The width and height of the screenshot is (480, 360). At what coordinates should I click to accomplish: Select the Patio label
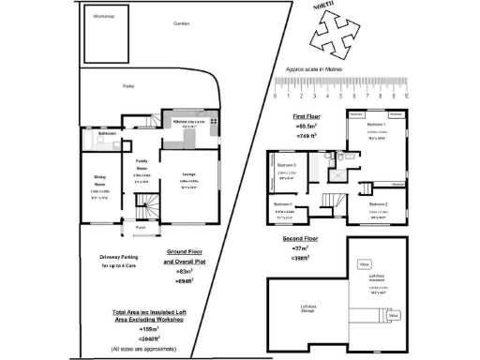[x=128, y=84]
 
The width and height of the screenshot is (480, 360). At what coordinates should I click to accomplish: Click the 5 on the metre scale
[x=341, y=96]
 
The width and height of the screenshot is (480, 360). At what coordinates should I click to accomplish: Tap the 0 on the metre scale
[x=275, y=96]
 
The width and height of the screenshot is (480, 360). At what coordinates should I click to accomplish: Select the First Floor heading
[x=307, y=115]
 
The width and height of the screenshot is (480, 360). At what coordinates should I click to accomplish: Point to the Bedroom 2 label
[x=377, y=202]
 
